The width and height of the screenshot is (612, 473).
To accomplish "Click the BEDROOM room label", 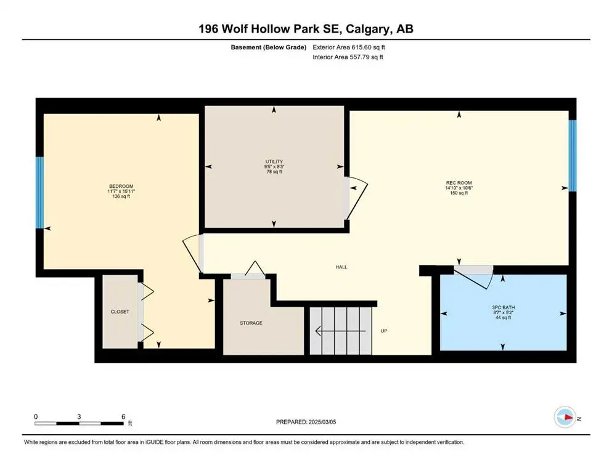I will [x=121, y=187].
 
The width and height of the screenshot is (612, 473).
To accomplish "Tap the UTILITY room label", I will [x=274, y=162].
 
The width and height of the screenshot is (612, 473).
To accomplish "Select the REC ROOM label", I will [x=459, y=182].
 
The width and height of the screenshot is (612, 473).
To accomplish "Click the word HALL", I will [x=341, y=267].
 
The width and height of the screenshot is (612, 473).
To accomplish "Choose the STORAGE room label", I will [x=251, y=323].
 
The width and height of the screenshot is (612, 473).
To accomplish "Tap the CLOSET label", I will [x=120, y=312].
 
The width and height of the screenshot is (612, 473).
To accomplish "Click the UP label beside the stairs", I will [x=383, y=331].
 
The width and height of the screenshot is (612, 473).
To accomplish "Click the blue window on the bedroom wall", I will [x=39, y=192].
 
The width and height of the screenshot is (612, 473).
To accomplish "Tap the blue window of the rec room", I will [x=572, y=155].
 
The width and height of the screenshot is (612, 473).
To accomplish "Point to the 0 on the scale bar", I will [x=36, y=416].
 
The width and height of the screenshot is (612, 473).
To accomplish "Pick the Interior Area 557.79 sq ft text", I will [x=348, y=57].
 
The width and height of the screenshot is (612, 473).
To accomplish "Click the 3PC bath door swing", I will [x=476, y=277].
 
